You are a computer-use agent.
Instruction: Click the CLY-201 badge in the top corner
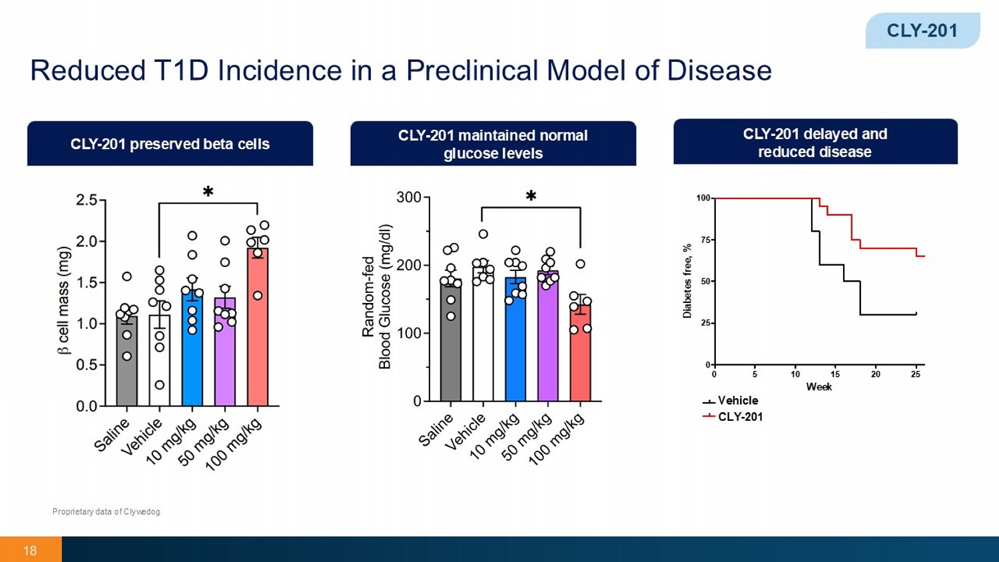(x=922, y=31)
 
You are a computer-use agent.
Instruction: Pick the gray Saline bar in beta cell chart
(x=127, y=363)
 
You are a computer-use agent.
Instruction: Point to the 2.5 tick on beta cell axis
(x=87, y=200)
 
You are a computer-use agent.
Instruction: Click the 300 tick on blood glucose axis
(x=408, y=198)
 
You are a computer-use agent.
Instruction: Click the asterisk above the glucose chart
(x=531, y=196)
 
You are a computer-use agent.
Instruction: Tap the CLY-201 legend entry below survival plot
(x=740, y=417)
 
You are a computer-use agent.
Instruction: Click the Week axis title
(x=819, y=387)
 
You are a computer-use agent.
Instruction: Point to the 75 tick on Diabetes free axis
(x=703, y=240)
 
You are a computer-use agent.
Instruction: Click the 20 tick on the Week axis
(x=875, y=374)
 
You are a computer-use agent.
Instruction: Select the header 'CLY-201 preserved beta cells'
(x=170, y=144)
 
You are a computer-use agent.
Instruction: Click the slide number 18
(x=30, y=551)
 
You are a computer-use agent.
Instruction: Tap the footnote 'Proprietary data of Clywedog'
(x=106, y=511)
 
